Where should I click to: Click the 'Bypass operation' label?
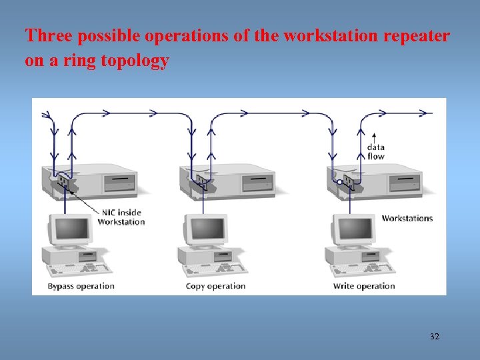click(81, 286)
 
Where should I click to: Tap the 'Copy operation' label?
click(215, 286)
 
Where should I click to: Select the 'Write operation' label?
click(364, 286)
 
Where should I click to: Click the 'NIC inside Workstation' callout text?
click(121, 217)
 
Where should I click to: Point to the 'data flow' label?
click(376, 151)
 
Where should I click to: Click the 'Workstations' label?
click(407, 218)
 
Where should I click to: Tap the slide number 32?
click(435, 337)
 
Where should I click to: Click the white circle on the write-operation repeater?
click(339, 181)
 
